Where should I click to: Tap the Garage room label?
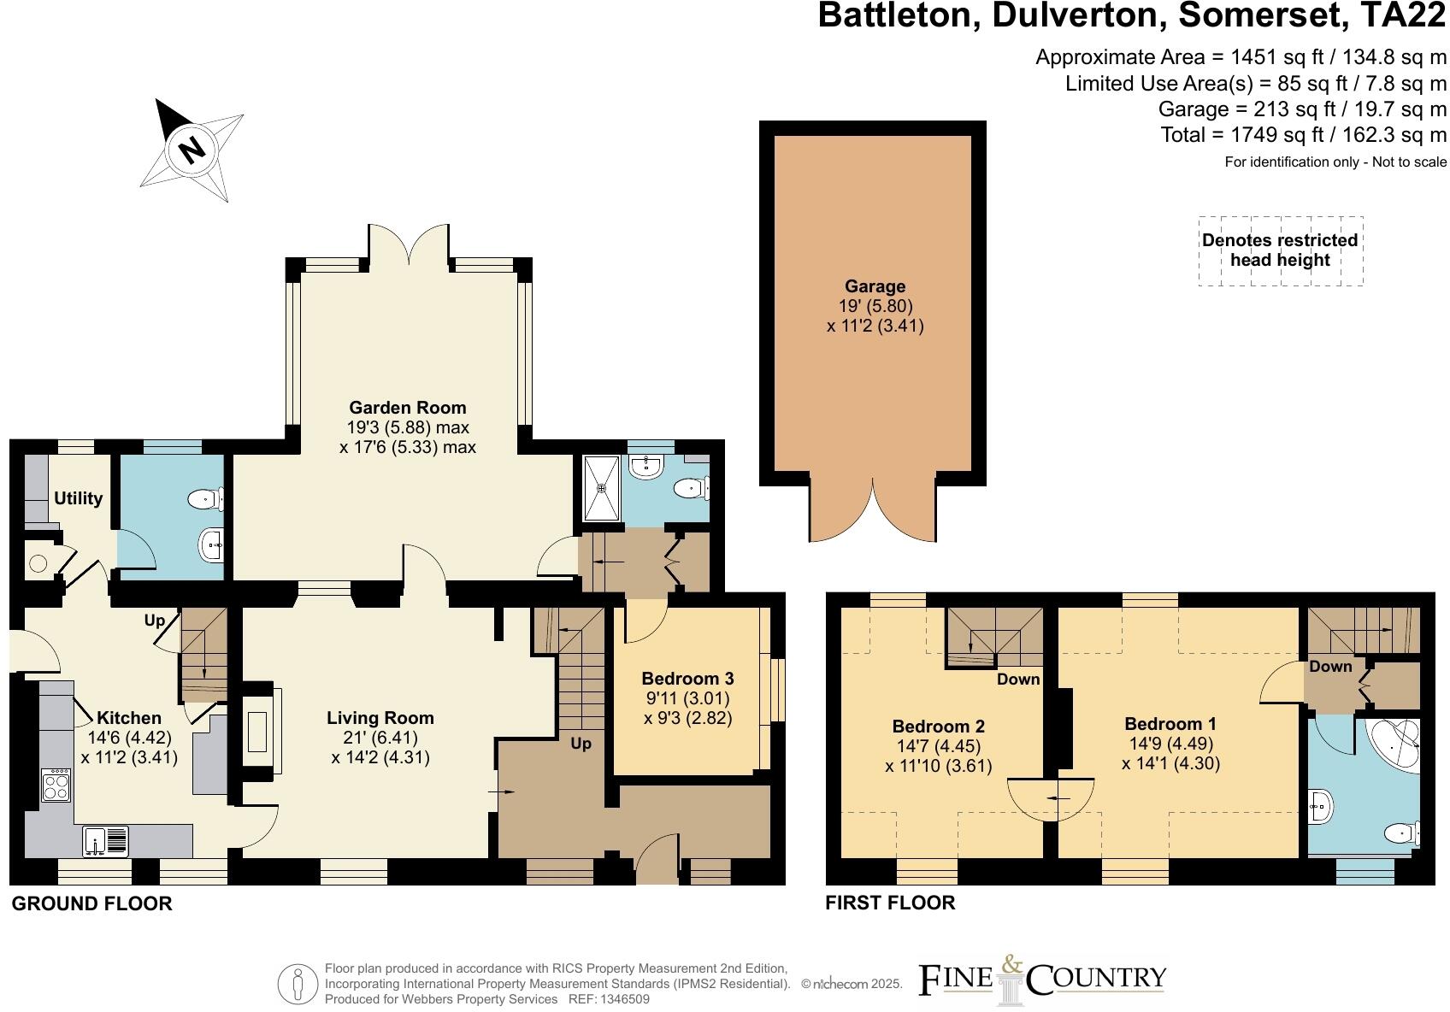pos(875,287)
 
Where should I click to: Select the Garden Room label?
pos(408,408)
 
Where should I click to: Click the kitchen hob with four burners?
pos(56,785)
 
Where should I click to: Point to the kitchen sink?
pos(105,841)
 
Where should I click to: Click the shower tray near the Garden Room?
pos(602,487)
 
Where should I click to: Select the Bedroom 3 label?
pos(687,679)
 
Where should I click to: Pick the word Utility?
pos(78,498)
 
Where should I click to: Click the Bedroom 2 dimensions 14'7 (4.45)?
pos(938,746)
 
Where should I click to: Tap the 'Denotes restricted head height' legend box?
pos(1280,250)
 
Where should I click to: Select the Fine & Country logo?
pos(1042,980)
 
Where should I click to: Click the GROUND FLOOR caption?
pos(91,903)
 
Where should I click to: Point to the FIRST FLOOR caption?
pos(890,903)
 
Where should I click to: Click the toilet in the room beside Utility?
pos(207,498)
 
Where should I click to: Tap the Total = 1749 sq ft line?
pos(1303,135)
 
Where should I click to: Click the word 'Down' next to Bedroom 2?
pos(1017,679)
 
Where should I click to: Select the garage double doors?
pos(874,513)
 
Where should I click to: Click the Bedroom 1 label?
pos(1170,724)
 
